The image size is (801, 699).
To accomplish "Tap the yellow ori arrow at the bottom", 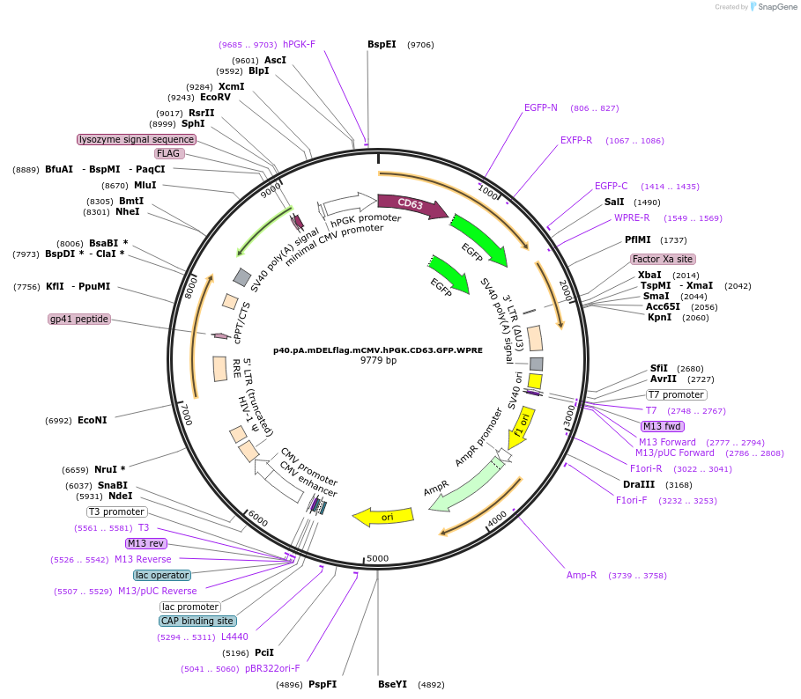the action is point(383,517).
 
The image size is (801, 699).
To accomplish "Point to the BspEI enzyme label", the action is point(382,44).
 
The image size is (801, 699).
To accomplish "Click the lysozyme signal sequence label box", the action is point(137,139).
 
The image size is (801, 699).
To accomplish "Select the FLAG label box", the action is point(168,153).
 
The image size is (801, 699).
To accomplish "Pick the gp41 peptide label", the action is point(79,319).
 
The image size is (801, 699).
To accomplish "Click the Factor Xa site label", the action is point(663,259).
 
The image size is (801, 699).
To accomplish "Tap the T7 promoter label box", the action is point(677,394).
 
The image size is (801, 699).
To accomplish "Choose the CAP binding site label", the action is point(197,621).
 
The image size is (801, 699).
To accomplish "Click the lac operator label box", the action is point(162,575).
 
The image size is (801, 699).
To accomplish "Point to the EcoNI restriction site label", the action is point(93,421).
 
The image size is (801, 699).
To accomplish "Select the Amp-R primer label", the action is point(582,575).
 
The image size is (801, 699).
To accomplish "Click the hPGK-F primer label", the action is point(300,44).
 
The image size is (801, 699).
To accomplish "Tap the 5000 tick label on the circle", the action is point(377,558).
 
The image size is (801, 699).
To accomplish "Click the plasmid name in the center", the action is point(378,350).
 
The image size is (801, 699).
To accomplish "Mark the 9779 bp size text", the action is point(378,360).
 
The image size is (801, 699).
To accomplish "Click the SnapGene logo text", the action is point(777,7).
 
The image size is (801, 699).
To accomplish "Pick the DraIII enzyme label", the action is point(639,484).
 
